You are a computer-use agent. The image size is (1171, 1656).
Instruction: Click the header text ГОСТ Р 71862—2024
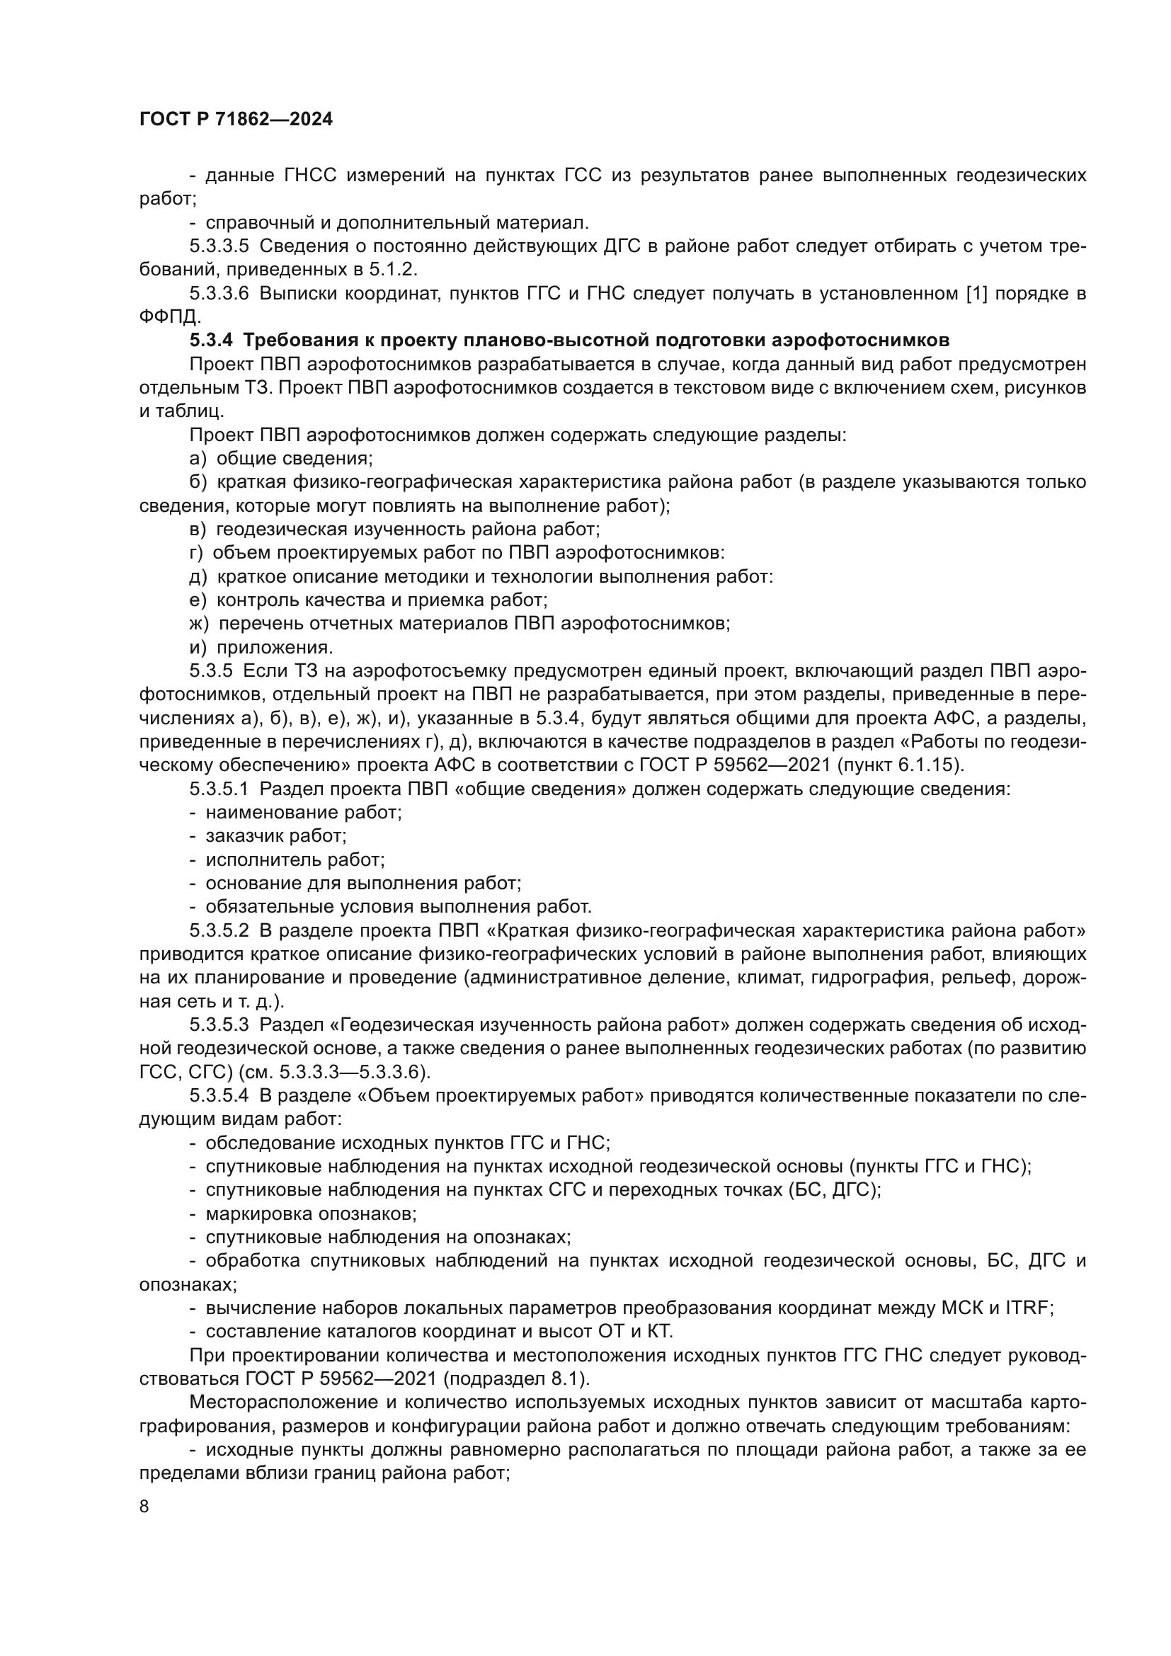236,120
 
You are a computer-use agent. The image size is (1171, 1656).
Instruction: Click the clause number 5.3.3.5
219,246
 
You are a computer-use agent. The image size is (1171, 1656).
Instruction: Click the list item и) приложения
261,647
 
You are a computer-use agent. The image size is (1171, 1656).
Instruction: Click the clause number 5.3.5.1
219,788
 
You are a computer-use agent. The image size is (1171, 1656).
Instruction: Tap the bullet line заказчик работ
275,836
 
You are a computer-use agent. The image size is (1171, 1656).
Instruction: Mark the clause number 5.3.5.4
219,1095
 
